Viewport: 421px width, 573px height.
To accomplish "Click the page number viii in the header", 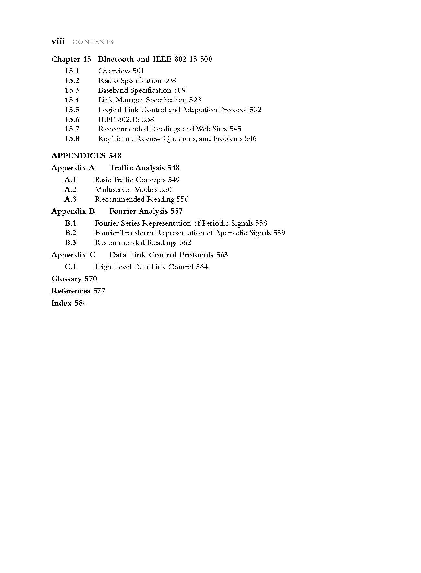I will [58, 42].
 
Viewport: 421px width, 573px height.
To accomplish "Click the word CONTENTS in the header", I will [93, 42].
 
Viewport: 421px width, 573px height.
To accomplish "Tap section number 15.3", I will [72, 90].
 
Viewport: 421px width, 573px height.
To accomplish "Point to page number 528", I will [195, 100].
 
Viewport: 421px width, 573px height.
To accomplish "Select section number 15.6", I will [72, 119].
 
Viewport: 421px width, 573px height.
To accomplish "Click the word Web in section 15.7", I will [204, 129].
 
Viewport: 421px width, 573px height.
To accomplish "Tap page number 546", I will [250, 138].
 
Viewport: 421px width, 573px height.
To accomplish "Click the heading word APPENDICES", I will [78, 156].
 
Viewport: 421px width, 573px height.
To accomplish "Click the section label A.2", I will [71, 189].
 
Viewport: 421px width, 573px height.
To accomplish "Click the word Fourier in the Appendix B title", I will [123, 211].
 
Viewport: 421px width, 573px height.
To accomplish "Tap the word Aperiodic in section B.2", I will [231, 233].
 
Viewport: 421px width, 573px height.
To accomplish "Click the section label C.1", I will [71, 267].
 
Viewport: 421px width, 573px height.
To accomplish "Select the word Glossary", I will [67, 279].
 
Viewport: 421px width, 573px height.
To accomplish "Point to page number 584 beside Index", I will [80, 303].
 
